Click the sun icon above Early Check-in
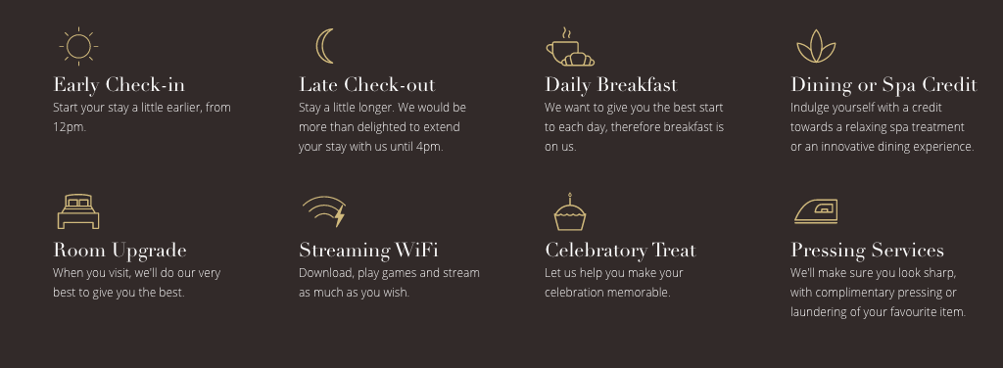click(x=78, y=46)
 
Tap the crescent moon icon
click(x=321, y=47)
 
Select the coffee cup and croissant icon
click(x=570, y=47)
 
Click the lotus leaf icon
click(x=816, y=47)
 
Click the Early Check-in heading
click(x=119, y=85)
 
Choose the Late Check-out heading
click(x=367, y=85)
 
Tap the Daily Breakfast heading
click(x=611, y=85)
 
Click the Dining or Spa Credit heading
click(x=884, y=85)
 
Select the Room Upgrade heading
click(x=119, y=250)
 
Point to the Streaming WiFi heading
click(x=368, y=250)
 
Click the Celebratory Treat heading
click(x=620, y=250)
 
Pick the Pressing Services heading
click(x=868, y=250)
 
